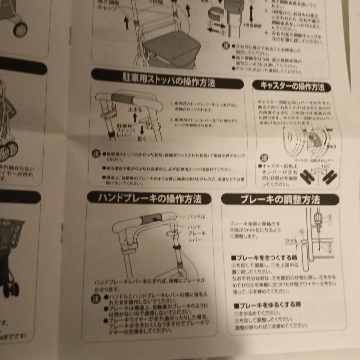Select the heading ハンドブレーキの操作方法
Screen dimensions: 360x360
(x=150, y=199)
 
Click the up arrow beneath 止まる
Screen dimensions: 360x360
(x=135, y=117)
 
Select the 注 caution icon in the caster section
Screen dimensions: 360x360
(x=263, y=157)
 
